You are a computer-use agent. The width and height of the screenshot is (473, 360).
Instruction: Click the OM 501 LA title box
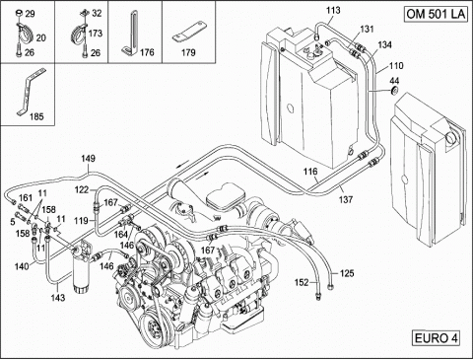[x=436, y=14]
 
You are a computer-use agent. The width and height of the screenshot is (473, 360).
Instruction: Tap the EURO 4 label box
[x=437, y=338]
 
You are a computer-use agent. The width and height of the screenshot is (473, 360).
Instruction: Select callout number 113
[x=333, y=10]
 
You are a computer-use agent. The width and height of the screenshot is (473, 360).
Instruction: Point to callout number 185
[x=36, y=116]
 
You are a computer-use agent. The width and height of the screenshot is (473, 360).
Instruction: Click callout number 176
[x=147, y=52]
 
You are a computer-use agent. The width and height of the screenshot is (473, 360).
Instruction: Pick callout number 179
[x=188, y=52]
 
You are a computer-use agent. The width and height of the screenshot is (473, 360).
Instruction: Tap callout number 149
[x=88, y=159]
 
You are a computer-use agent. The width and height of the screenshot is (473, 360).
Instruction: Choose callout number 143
[x=58, y=298]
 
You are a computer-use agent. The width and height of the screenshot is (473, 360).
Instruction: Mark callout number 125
[x=347, y=273]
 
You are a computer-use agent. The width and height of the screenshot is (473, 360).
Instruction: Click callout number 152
[x=302, y=282]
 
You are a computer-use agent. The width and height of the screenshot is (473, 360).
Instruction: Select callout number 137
[x=346, y=199]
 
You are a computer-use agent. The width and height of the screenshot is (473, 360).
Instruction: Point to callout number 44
[x=394, y=81]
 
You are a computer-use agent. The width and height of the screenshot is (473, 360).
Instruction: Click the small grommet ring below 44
[x=394, y=91]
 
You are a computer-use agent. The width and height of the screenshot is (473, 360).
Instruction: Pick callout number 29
[x=30, y=14]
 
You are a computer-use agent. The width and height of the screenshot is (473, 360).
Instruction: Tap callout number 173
[x=96, y=34]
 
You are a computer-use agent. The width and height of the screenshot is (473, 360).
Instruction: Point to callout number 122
[x=82, y=189]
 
